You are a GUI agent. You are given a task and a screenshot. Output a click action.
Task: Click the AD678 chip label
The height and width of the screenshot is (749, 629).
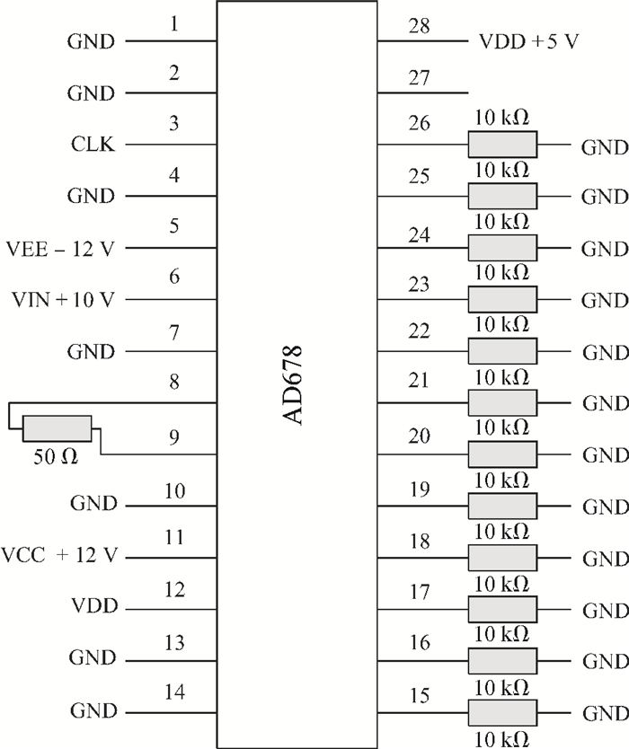pyautogui.click(x=292, y=385)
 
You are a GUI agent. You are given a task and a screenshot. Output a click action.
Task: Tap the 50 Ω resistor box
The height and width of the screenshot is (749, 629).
pyautogui.click(x=57, y=428)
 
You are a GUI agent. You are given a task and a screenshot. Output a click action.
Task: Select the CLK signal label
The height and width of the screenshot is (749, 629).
pyautogui.click(x=93, y=144)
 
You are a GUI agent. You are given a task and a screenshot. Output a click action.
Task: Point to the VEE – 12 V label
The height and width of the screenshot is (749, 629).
pyautogui.click(x=61, y=249)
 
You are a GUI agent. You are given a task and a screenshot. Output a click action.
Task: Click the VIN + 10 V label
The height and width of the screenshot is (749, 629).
pyautogui.click(x=63, y=300)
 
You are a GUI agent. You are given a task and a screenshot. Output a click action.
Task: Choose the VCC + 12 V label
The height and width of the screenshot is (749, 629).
pyautogui.click(x=59, y=556)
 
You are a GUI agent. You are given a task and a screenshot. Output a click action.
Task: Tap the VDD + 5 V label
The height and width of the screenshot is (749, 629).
pyautogui.click(x=528, y=42)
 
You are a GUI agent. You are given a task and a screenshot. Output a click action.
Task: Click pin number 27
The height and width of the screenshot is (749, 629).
pyautogui.click(x=419, y=78)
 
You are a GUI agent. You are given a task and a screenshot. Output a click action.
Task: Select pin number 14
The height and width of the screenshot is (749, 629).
pyautogui.click(x=174, y=692)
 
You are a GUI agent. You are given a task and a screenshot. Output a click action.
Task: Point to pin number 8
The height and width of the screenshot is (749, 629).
pyautogui.click(x=174, y=383)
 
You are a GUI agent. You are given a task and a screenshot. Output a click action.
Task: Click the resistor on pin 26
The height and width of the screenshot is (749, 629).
pyautogui.click(x=502, y=145)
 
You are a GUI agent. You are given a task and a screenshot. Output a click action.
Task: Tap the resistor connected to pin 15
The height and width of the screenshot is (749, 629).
pyautogui.click(x=502, y=713)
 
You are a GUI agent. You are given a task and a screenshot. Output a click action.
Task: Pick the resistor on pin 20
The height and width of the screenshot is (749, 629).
pyautogui.click(x=502, y=454)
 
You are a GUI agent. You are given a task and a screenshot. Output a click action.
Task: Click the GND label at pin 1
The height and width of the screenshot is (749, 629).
pyautogui.click(x=92, y=41)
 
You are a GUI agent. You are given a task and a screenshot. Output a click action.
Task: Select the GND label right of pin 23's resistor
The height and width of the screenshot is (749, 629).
pyautogui.click(x=605, y=301)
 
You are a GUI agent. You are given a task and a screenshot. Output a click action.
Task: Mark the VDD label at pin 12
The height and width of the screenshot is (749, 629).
pyautogui.click(x=94, y=605)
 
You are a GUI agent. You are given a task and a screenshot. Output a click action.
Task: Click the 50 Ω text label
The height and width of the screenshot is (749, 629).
pyautogui.click(x=56, y=457)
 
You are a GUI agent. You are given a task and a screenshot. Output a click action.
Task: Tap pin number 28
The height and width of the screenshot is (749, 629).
pyautogui.click(x=419, y=26)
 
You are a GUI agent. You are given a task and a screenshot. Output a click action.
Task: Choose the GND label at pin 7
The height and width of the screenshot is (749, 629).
pyautogui.click(x=92, y=352)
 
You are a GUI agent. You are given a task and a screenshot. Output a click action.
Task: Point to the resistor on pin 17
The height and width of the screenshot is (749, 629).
pyautogui.click(x=502, y=610)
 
